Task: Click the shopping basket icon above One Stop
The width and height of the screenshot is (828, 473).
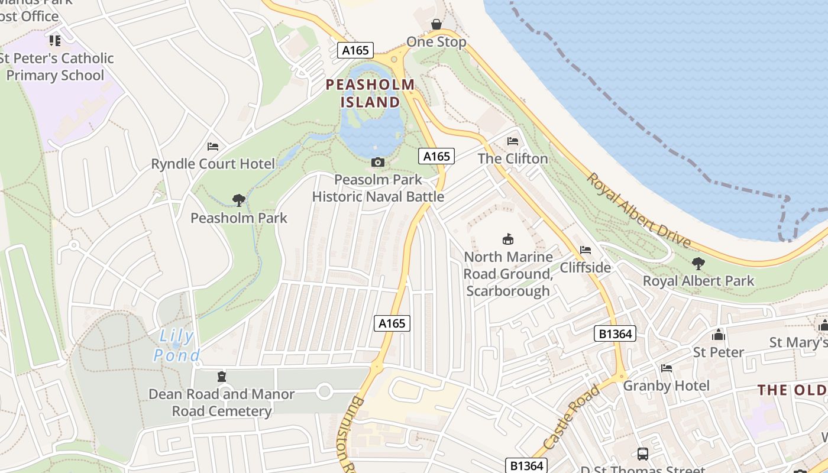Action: click(x=436, y=24)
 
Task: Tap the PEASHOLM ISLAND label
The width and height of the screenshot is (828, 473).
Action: click(x=370, y=93)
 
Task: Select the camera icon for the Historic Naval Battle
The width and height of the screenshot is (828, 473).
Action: click(x=377, y=162)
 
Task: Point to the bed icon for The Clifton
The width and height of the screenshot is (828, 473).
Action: click(x=513, y=141)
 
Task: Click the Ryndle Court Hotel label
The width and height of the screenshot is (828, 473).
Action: click(x=213, y=164)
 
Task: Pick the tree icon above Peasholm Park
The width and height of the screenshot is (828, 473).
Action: click(x=239, y=200)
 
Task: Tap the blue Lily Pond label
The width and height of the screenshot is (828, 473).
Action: click(x=176, y=346)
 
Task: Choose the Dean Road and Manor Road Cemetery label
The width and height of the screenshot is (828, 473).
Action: click(x=222, y=402)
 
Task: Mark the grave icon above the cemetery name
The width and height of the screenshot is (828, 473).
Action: click(x=222, y=377)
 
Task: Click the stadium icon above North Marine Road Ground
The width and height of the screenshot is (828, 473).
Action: click(x=507, y=239)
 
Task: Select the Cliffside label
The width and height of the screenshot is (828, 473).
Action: click(x=585, y=267)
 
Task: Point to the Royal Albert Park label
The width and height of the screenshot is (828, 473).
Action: click(x=698, y=280)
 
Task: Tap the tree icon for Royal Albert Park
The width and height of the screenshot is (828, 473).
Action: click(x=698, y=263)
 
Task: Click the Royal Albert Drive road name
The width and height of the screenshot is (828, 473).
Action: click(x=639, y=210)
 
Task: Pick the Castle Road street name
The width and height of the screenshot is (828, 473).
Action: click(x=571, y=417)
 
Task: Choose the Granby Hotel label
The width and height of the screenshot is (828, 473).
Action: click(x=667, y=386)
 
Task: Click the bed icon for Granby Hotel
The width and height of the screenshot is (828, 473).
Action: click(x=667, y=368)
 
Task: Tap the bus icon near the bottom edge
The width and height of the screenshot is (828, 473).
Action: click(x=643, y=454)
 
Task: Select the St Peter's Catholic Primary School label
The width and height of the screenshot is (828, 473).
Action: click(x=56, y=67)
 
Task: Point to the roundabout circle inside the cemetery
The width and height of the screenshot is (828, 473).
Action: click(x=324, y=391)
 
